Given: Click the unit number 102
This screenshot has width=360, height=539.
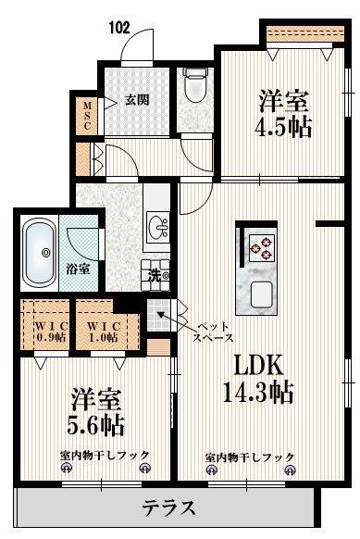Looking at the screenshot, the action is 120,28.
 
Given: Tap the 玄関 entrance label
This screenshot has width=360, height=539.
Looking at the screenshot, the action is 137,100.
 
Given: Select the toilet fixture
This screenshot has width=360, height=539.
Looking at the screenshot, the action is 194,85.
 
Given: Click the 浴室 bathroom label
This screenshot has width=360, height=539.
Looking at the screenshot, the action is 79,269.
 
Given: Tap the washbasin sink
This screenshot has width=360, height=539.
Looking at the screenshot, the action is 157,227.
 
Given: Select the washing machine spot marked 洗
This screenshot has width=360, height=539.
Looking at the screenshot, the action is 156,275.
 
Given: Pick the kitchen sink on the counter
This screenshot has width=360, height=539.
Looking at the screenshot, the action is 261,295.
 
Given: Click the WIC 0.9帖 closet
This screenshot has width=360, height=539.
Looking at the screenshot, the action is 45,325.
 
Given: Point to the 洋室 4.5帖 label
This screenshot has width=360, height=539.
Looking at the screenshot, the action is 282,113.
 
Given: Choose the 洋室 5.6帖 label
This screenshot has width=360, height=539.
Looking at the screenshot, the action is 95,412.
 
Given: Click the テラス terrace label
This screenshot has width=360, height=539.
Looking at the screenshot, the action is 169,508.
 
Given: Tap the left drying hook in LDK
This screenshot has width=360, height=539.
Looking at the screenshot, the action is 211,470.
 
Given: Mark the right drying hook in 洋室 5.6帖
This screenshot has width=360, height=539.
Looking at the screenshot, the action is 144,468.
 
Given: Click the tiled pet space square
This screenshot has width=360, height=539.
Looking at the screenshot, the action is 159,314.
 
